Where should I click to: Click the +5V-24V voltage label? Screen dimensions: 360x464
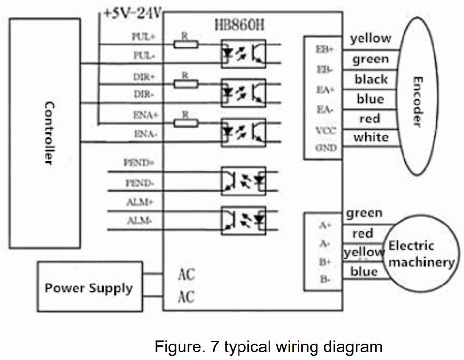(131, 13)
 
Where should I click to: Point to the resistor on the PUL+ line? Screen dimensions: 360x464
(186, 45)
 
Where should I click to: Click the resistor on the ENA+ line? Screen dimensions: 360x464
(186, 123)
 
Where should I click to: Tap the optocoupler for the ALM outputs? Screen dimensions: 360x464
(243, 220)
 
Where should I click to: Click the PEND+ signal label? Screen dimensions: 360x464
(138, 163)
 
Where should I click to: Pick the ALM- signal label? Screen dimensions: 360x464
(139, 221)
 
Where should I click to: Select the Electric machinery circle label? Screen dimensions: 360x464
(421, 255)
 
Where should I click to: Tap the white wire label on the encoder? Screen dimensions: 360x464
(371, 137)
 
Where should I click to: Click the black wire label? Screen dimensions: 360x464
(371, 79)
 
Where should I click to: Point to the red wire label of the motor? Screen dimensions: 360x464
(362, 234)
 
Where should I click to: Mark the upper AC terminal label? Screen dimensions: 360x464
(186, 274)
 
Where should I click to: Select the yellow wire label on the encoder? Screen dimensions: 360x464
(371, 38)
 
